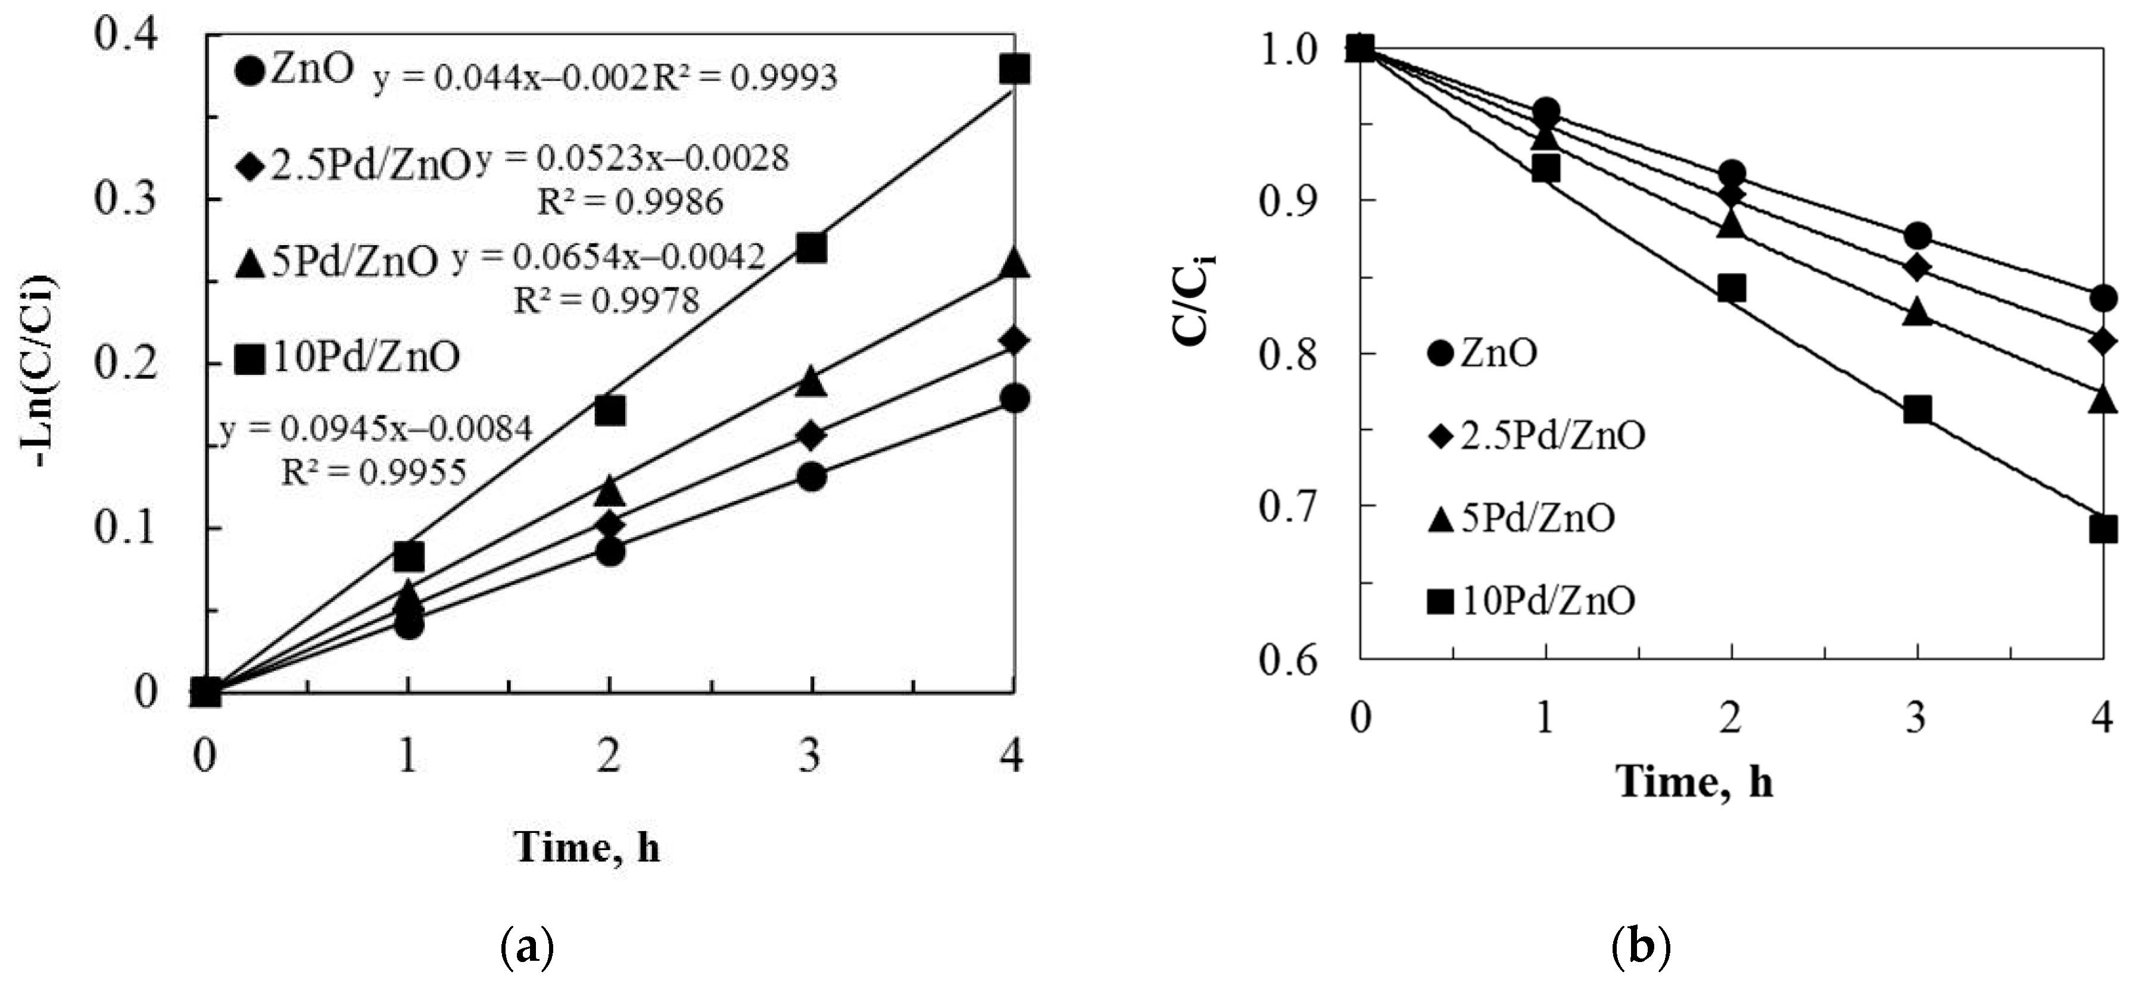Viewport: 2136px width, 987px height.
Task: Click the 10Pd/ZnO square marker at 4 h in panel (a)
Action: pyautogui.click(x=1014, y=70)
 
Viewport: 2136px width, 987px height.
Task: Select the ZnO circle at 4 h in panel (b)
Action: pyautogui.click(x=2103, y=298)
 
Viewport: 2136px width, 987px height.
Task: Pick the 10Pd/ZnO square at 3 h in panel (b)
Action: pyautogui.click(x=1917, y=411)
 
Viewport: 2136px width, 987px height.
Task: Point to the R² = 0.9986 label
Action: pyautogui.click(x=630, y=201)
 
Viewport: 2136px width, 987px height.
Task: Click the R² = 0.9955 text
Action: pyautogui.click(x=374, y=472)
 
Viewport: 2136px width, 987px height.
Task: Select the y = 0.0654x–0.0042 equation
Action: pyautogui.click(x=609, y=258)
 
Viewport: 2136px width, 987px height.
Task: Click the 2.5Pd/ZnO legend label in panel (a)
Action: pyautogui.click(x=370, y=167)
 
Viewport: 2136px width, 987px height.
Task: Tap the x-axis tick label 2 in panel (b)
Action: pyautogui.click(x=1730, y=717)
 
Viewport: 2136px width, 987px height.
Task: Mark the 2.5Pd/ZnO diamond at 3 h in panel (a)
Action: pyautogui.click(x=811, y=435)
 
